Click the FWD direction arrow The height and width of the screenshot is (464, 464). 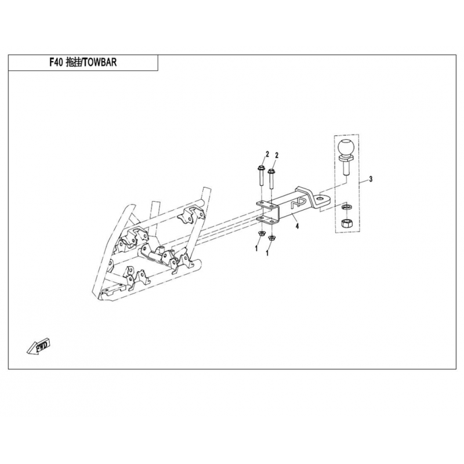(x=39, y=346)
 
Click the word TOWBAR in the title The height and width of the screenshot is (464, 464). (x=99, y=62)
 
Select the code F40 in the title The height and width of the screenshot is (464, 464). (x=56, y=62)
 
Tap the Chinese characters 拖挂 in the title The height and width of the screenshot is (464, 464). (x=73, y=62)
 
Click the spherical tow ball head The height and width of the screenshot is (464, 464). (x=345, y=147)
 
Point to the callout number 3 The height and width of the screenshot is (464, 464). (x=371, y=179)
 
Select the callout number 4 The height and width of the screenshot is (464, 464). (x=297, y=226)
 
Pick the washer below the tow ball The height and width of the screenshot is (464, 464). (x=345, y=206)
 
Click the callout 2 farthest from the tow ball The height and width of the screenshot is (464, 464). (x=267, y=154)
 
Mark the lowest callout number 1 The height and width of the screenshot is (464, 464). (x=267, y=253)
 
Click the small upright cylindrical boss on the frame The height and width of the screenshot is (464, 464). (x=161, y=249)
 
